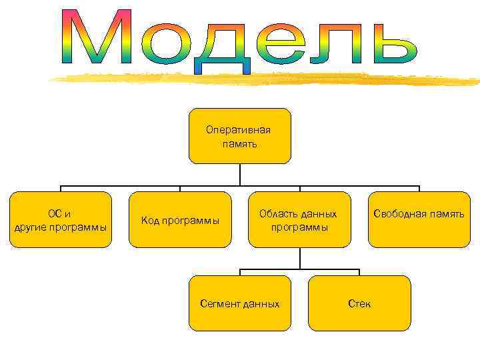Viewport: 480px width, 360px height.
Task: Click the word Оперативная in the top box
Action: tap(239, 131)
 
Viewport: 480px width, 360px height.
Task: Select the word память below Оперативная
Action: tap(239, 143)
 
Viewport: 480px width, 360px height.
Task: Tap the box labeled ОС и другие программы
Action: tap(60, 220)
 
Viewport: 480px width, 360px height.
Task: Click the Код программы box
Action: tap(180, 220)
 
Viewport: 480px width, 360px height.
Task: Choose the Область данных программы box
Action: tap(299, 220)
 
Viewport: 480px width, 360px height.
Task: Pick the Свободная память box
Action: tap(419, 220)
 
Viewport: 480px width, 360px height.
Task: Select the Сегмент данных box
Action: tap(240, 303)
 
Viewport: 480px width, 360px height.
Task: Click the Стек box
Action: tap(359, 303)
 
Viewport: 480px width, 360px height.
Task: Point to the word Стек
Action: tap(359, 304)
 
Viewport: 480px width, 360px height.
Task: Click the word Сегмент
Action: tap(221, 304)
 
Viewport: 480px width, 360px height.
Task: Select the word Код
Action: tap(150, 221)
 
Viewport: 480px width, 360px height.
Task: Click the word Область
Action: tap(279, 214)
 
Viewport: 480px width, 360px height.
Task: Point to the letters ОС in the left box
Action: tap(54, 214)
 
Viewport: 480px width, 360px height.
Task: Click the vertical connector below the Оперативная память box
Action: tap(240, 175)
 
